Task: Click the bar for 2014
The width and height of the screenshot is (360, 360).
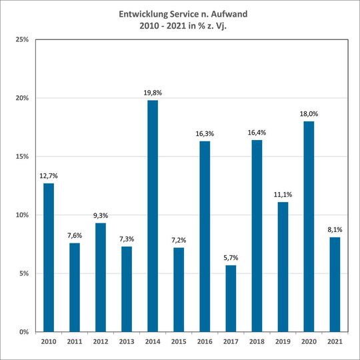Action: pos(153,215)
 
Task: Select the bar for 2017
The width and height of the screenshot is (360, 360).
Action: pos(231,298)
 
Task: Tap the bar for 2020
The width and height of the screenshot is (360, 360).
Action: pos(309,226)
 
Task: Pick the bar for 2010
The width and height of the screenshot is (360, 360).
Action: pos(49,257)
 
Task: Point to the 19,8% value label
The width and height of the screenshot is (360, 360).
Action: pos(153,93)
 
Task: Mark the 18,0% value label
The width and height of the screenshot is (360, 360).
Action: pos(309,115)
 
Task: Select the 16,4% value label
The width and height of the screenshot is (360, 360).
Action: pos(257,133)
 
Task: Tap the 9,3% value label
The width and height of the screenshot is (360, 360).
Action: pos(101,216)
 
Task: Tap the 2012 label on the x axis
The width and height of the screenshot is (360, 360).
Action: pos(101,343)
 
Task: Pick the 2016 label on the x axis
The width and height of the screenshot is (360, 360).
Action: pos(205,343)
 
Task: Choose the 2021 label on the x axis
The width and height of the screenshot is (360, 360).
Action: pos(335,343)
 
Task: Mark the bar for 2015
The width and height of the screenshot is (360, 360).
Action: pos(179,289)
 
